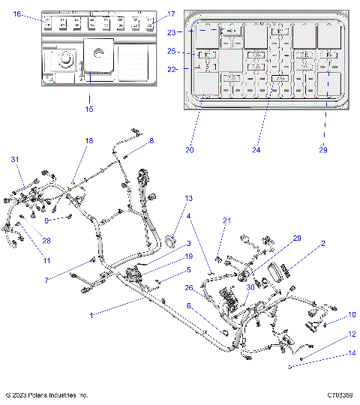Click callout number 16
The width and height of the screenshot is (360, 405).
click(18, 14)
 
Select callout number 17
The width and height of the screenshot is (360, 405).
click(171, 14)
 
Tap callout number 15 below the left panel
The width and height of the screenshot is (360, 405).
click(89, 109)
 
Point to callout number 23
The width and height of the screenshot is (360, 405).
click(172, 32)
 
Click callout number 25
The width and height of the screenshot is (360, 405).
click(172, 52)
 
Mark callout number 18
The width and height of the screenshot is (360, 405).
click(89, 141)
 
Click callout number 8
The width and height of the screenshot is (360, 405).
click(151, 140)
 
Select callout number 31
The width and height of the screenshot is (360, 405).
click(14, 160)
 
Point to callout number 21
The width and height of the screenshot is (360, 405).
click(226, 220)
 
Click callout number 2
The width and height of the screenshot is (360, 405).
click(322, 244)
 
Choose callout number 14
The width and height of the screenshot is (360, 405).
click(352, 353)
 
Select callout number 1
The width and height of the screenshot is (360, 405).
click(92, 315)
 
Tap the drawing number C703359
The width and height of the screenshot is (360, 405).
click(340, 395)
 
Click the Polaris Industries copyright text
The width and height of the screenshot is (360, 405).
click(46, 395)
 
